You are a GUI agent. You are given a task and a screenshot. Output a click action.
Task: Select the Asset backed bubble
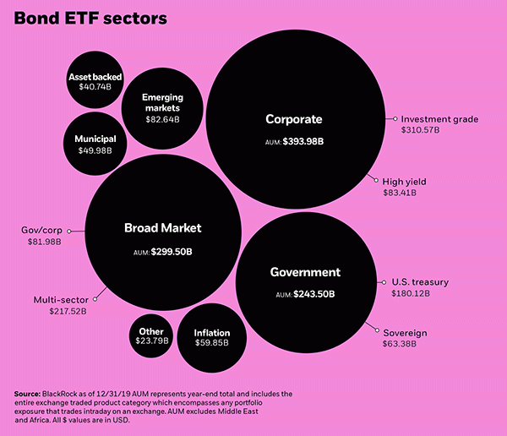pyautogui.click(x=95, y=81)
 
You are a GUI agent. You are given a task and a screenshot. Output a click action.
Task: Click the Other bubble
pyautogui.click(x=152, y=336)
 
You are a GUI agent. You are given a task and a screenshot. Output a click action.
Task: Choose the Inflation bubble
pyautogui.click(x=211, y=338)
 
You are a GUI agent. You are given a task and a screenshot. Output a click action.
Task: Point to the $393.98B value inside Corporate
pyautogui.click(x=303, y=142)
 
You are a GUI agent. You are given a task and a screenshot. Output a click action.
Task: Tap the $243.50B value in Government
pyautogui.click(x=313, y=294)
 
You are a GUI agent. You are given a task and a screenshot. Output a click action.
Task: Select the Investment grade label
pyautogui.click(x=439, y=119)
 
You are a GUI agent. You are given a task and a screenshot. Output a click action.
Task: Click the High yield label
pyautogui.click(x=404, y=181)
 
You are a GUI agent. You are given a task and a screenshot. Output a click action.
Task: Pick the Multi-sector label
pyautogui.click(x=61, y=299)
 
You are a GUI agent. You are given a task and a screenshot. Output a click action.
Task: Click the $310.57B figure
pyautogui.click(x=421, y=130)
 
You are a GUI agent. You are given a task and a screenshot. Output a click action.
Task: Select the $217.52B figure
pyautogui.click(x=68, y=311)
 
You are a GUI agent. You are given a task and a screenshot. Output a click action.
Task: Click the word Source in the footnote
pyautogui.click(x=28, y=394)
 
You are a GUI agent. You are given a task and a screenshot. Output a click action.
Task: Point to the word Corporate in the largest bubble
pyautogui.click(x=294, y=119)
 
